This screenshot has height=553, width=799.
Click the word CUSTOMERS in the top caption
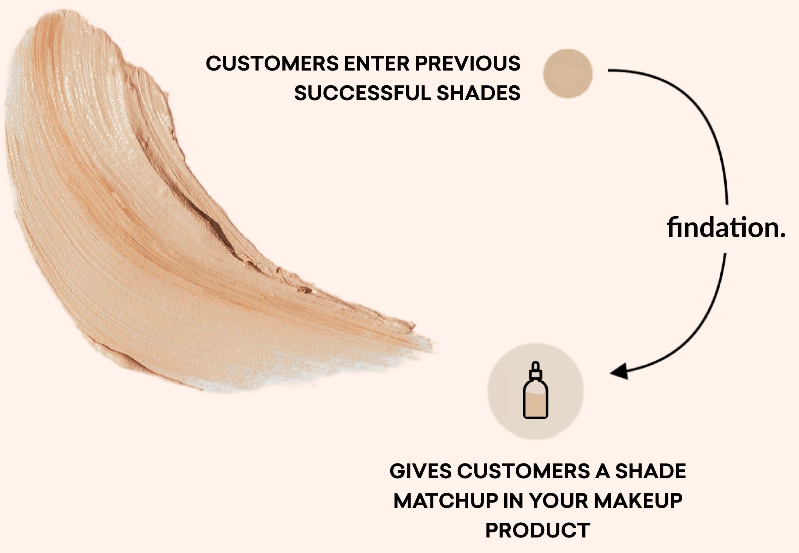click(272, 63)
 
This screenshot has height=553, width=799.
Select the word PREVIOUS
click(468, 63)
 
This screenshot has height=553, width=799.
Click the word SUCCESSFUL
click(363, 93)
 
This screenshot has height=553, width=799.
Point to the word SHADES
click(479, 93)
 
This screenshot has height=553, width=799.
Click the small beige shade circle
click(568, 73)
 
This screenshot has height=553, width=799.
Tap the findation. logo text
click(726, 228)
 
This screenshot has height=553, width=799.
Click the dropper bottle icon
click(535, 390)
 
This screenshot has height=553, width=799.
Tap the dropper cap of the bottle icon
click(535, 370)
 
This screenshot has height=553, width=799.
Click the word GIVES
click(420, 471)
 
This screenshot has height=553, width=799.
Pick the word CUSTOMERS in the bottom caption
click(523, 471)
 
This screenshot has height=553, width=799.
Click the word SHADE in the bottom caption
click(650, 471)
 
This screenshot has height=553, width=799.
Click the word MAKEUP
click(638, 501)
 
